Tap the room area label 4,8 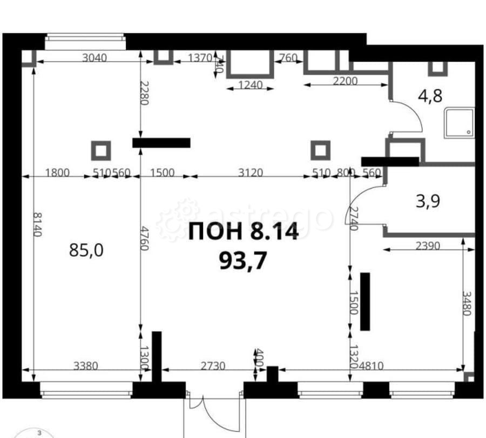pyautogui.click(x=430, y=96)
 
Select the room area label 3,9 pyautogui.click(x=428, y=201)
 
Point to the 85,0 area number pyautogui.click(x=86, y=250)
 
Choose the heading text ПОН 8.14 pyautogui.click(x=243, y=233)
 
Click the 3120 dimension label pyautogui.click(x=250, y=173)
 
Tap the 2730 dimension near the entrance pyautogui.click(x=212, y=366)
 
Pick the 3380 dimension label pyautogui.click(x=85, y=366)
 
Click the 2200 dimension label pyautogui.click(x=345, y=82)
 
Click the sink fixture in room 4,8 pyautogui.click(x=459, y=123)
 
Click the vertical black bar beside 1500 pyautogui.click(x=365, y=301)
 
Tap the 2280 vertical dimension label pyautogui.click(x=144, y=93)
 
